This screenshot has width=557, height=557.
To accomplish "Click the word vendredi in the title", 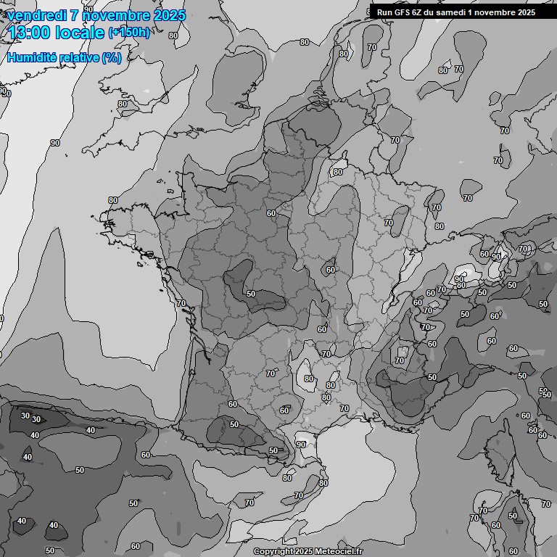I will click(x=36, y=15).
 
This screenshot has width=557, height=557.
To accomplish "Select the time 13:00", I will click(x=30, y=33).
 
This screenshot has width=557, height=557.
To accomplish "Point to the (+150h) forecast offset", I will click(x=129, y=33).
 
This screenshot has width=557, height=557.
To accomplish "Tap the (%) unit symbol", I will click(x=112, y=57).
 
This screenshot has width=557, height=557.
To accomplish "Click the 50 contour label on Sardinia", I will click(x=513, y=516).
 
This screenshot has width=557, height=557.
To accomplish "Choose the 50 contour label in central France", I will click(x=251, y=294).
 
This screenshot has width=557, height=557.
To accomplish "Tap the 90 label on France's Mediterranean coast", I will click(x=301, y=444).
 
